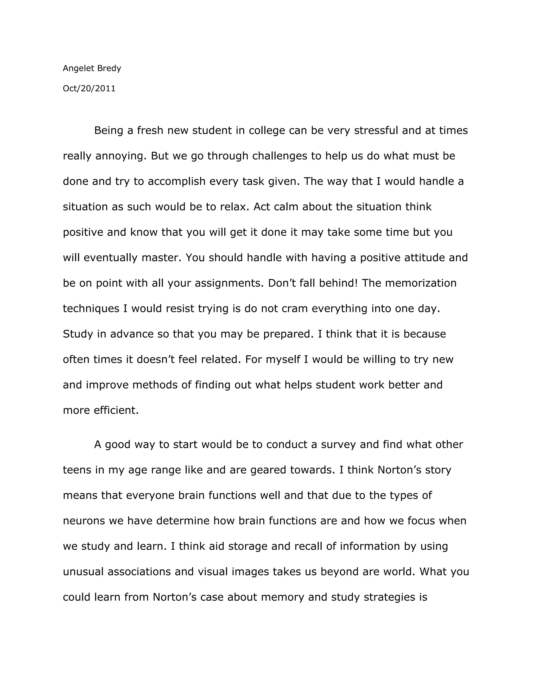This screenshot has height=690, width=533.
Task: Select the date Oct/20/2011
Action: point(89,89)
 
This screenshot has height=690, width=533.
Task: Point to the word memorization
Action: point(421,283)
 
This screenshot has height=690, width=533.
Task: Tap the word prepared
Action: point(289,334)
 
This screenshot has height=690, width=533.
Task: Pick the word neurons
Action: point(84,521)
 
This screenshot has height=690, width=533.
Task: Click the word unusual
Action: point(83,572)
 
